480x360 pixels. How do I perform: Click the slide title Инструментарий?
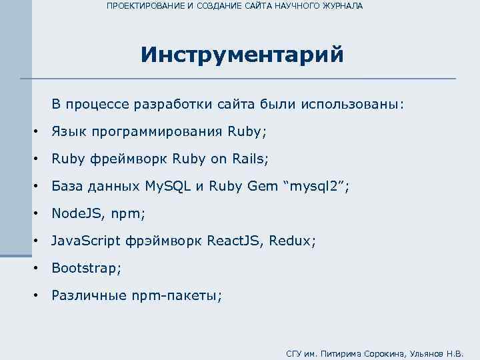click(242, 54)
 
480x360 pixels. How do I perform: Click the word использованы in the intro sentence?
click(352, 105)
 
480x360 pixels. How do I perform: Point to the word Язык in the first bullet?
click(69, 131)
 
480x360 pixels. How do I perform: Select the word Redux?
click(291, 241)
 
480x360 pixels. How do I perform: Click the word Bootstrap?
click(85, 268)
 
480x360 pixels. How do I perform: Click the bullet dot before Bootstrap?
click(35, 269)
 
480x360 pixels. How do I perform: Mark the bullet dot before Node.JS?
click(35, 214)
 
